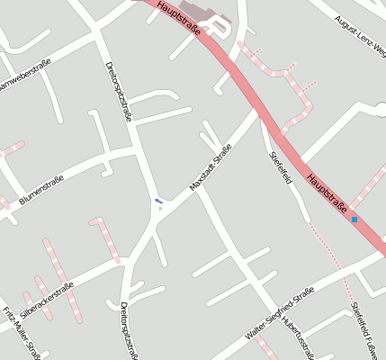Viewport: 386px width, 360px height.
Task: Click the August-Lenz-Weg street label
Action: [359, 33]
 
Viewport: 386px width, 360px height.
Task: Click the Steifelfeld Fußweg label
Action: [368, 329]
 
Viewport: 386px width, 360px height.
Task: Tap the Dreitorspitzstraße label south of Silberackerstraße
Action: [128, 331]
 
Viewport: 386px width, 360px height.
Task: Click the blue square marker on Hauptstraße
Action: [355, 220]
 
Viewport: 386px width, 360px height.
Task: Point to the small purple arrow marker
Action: [158, 201]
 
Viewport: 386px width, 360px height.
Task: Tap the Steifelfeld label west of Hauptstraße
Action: [282, 167]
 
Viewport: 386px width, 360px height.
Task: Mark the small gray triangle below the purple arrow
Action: [160, 209]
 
